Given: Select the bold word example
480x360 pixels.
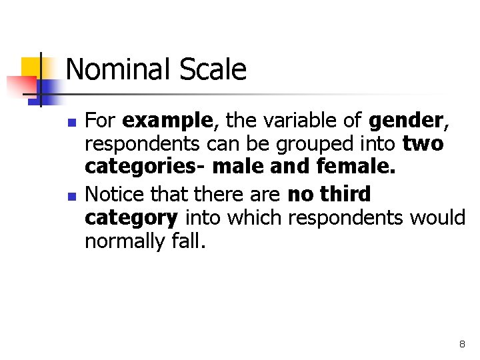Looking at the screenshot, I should point(168,121).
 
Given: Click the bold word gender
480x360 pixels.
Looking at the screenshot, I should point(405,121).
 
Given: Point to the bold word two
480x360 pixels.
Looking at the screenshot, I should point(423,145).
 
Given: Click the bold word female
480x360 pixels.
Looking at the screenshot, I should point(358,168).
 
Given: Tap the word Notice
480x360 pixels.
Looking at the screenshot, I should point(112,195).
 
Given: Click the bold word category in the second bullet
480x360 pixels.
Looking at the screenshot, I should point(131,218).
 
